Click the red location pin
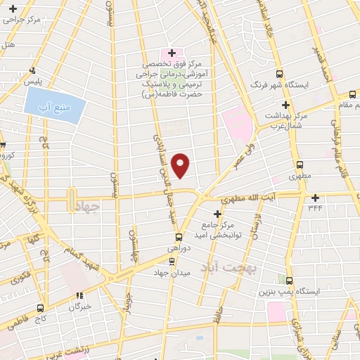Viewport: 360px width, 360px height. (x=181, y=165)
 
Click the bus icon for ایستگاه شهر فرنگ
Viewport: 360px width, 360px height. (x=280, y=73)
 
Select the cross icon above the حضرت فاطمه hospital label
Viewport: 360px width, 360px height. (x=172, y=53)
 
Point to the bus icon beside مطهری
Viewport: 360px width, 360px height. (x=300, y=161)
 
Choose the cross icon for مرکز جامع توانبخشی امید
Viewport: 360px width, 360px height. (x=217, y=212)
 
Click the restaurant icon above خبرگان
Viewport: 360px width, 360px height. (x=79, y=296)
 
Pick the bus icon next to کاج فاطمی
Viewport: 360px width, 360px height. (x=39, y=307)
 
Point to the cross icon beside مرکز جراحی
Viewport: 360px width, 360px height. (x=13, y=8)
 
